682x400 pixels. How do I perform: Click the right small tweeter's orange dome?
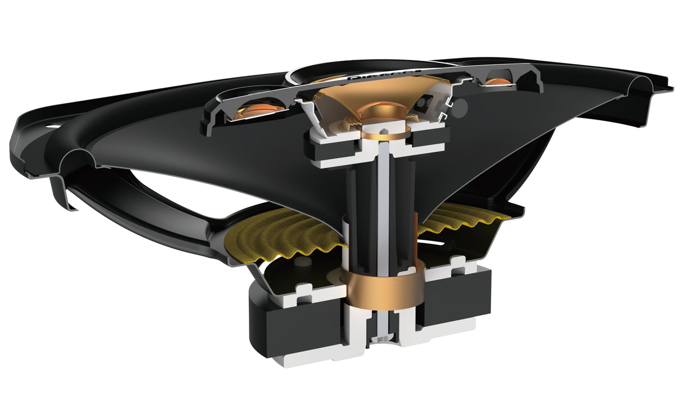coord(498,82)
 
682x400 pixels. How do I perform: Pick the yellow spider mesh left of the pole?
coord(281,237)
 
